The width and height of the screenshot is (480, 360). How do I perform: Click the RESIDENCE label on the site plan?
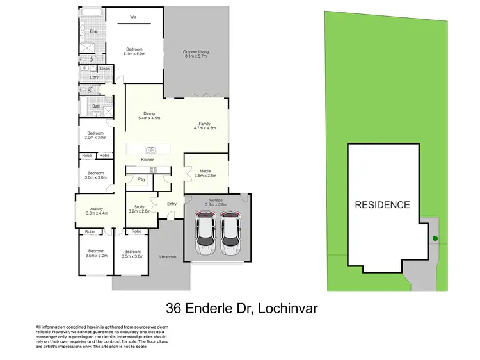click(x=383, y=205)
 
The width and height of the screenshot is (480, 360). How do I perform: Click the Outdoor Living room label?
click(x=196, y=54)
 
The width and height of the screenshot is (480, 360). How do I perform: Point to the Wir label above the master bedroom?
click(x=133, y=17)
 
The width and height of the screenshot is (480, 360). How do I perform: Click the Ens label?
click(x=93, y=31)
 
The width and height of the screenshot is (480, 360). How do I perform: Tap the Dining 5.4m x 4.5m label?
click(x=148, y=116)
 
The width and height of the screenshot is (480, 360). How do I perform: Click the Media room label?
click(x=205, y=173)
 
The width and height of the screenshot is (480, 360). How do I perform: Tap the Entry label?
click(x=172, y=204)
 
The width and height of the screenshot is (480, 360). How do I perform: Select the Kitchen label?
click(x=148, y=159)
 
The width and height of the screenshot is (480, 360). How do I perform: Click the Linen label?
click(x=105, y=69)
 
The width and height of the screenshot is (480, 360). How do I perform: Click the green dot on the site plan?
click(x=435, y=240)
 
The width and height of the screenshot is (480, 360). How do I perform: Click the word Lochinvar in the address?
click(x=287, y=309)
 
